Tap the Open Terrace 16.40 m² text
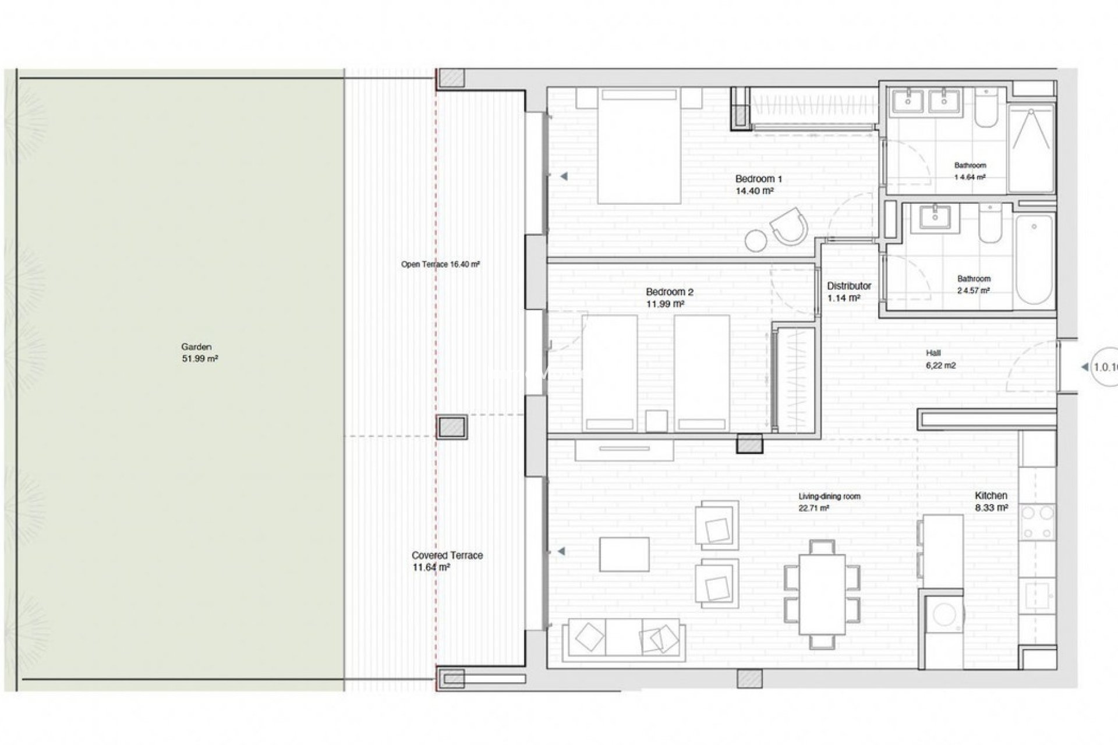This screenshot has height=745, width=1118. (440, 264)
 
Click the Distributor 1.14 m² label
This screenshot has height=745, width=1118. (848, 292)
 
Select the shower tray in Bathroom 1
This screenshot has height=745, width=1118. (1031, 148)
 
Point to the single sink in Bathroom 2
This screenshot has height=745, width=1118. (935, 218)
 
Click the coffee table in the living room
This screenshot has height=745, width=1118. (624, 555)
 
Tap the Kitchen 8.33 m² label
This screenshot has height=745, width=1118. (991, 501)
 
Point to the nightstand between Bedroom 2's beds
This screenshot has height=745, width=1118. (656, 420)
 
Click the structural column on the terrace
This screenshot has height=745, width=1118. (452, 427)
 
